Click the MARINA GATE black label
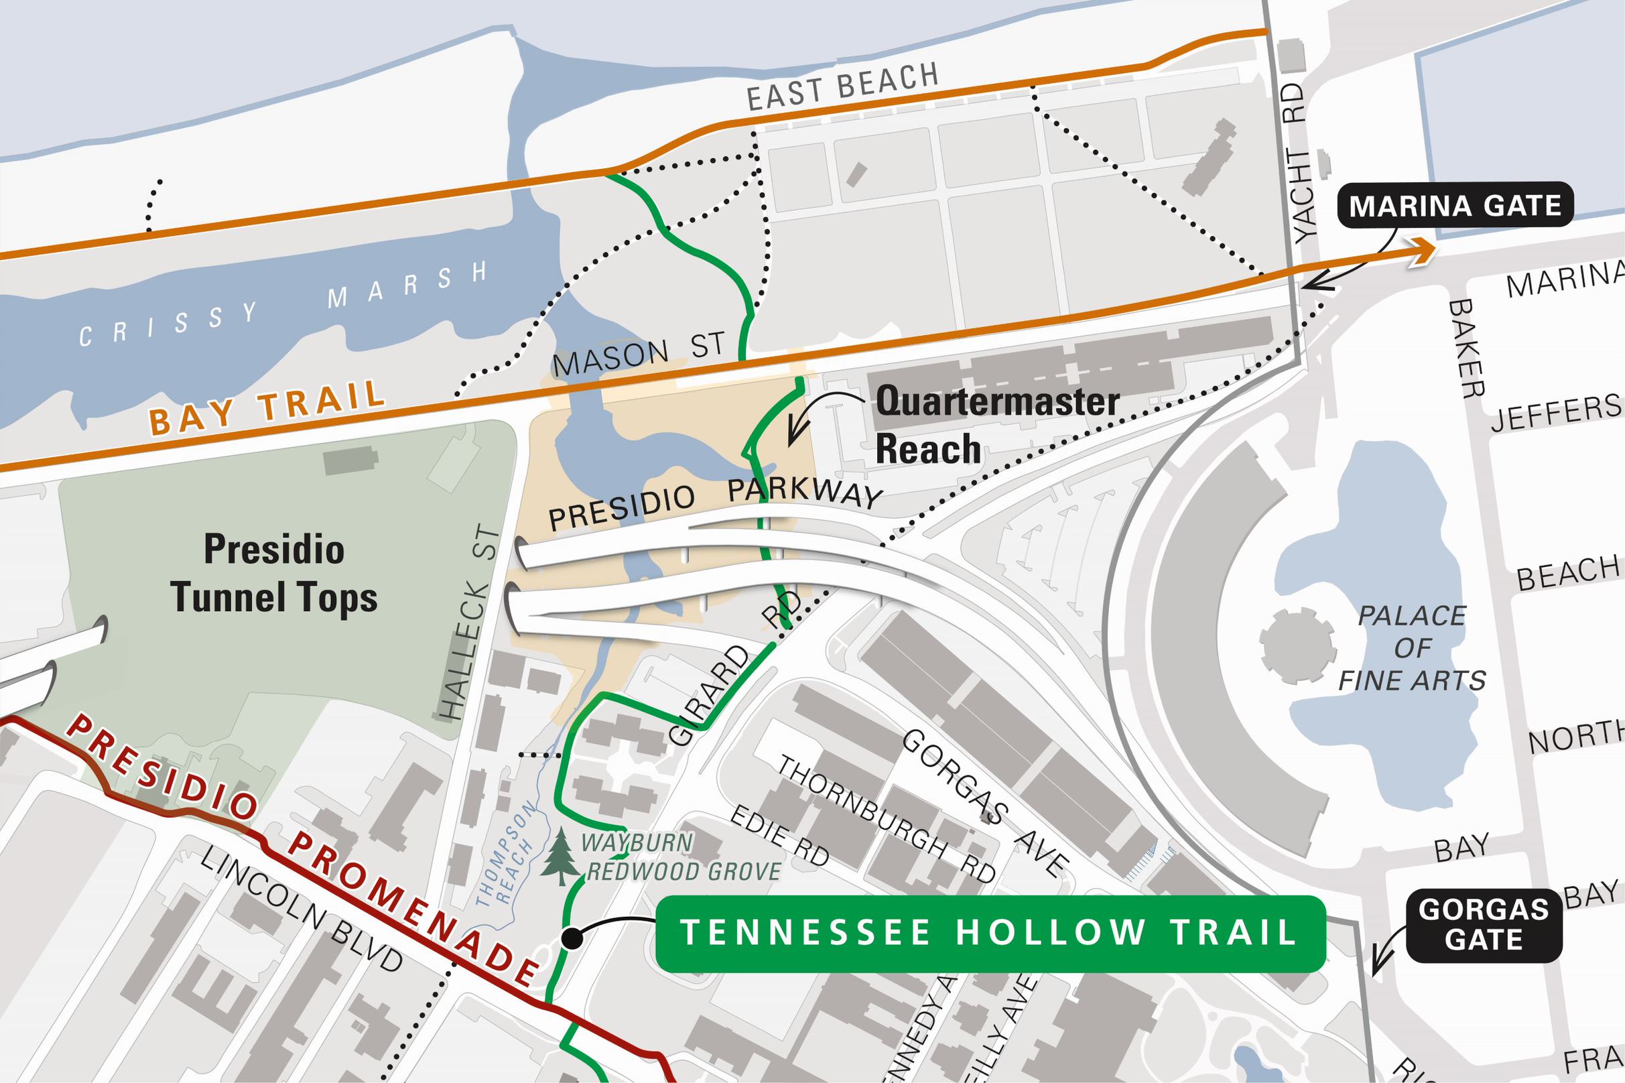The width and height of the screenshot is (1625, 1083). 1454,206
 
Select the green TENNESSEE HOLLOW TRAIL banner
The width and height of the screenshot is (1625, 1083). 989,933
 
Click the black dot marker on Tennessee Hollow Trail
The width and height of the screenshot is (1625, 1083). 571,938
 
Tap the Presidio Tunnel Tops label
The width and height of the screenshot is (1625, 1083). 274,573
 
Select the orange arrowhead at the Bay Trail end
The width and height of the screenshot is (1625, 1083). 1421,250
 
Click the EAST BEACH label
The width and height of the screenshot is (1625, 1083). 842,86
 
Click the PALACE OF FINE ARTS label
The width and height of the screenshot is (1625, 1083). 1412,647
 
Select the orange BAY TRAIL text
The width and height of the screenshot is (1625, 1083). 267,407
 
